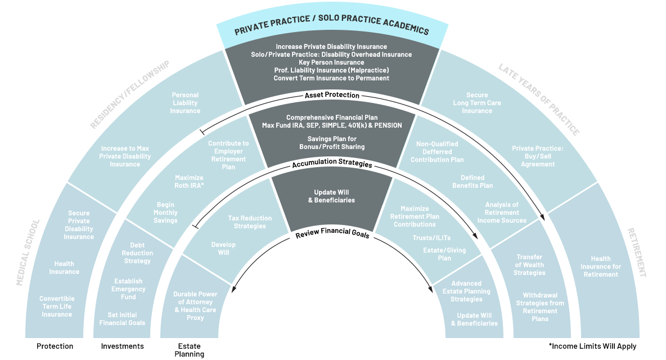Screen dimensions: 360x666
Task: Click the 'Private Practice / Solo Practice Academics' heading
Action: (x=331, y=29)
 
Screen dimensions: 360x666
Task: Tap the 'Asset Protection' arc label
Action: (x=332, y=96)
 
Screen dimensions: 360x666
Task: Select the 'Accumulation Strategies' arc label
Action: (x=332, y=165)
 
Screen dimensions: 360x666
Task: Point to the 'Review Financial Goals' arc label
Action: (x=332, y=235)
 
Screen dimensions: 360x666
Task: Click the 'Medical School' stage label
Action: (x=29, y=253)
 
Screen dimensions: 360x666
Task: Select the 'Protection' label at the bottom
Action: (x=55, y=346)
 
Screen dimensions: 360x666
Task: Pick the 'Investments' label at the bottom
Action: (x=122, y=346)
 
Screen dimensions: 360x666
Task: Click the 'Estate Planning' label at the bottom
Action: (x=189, y=350)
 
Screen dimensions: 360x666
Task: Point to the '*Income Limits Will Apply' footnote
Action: (x=592, y=346)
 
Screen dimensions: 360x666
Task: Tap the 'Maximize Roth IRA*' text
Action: (x=189, y=181)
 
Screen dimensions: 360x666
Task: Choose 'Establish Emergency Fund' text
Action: (x=128, y=289)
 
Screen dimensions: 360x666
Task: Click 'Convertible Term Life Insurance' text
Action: (x=57, y=306)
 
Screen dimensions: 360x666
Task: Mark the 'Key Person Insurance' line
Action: (x=331, y=62)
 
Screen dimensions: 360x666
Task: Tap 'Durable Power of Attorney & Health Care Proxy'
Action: (x=195, y=306)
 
